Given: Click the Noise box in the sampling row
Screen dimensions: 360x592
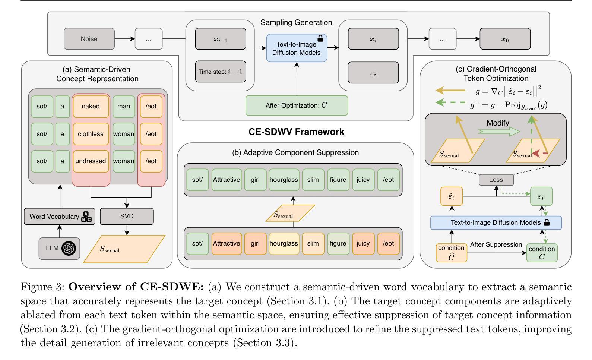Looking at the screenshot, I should pos(89,39).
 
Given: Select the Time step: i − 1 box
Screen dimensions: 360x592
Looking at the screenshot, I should pos(221,72).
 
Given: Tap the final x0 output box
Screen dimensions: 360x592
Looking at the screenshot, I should pos(505,39).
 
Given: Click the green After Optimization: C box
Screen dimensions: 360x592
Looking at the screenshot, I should pos(297,105).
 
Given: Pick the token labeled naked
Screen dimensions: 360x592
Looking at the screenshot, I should pos(91,107).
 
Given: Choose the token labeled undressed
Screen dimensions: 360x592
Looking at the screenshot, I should pos(91,161).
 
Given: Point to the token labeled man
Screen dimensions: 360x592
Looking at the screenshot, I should pos(124,107).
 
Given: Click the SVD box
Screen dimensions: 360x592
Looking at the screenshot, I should pos(127,216).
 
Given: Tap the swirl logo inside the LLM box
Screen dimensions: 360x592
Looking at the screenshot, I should pos(69,248).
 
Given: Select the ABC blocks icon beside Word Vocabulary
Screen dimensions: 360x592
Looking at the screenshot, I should pos(86,217).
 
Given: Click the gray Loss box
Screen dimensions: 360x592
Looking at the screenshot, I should pos(496,180).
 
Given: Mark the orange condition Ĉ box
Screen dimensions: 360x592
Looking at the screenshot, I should pos(451,252).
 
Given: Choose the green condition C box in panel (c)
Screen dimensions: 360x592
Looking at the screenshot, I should pos(542,252).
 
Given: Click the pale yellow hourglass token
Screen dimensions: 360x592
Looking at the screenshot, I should pos(284,244).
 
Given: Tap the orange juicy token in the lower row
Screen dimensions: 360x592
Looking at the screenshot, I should pos(363,244).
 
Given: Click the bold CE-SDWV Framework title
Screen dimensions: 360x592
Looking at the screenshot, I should pos(296,132).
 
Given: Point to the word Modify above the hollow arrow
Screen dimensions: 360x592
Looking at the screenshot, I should pos(498,123).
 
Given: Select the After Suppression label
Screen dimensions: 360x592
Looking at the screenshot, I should pos(496,245).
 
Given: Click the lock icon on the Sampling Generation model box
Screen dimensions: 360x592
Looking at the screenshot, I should pos(320,38).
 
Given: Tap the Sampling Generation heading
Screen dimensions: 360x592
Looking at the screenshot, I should pos(296,23).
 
